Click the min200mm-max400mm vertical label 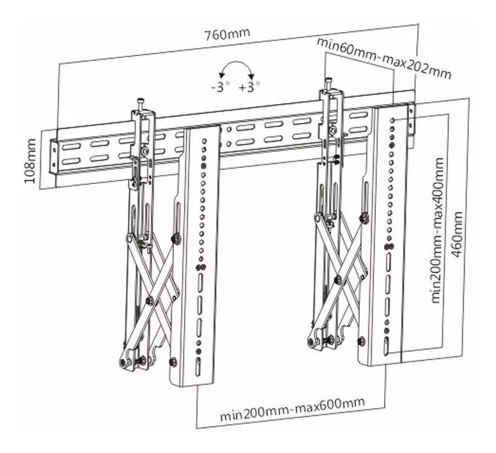click(x=437, y=231)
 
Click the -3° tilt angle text click(x=221, y=87)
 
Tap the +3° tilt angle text click(x=250, y=87)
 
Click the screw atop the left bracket click(x=140, y=102)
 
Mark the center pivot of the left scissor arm click(x=150, y=300)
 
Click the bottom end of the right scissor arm click(x=313, y=342)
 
